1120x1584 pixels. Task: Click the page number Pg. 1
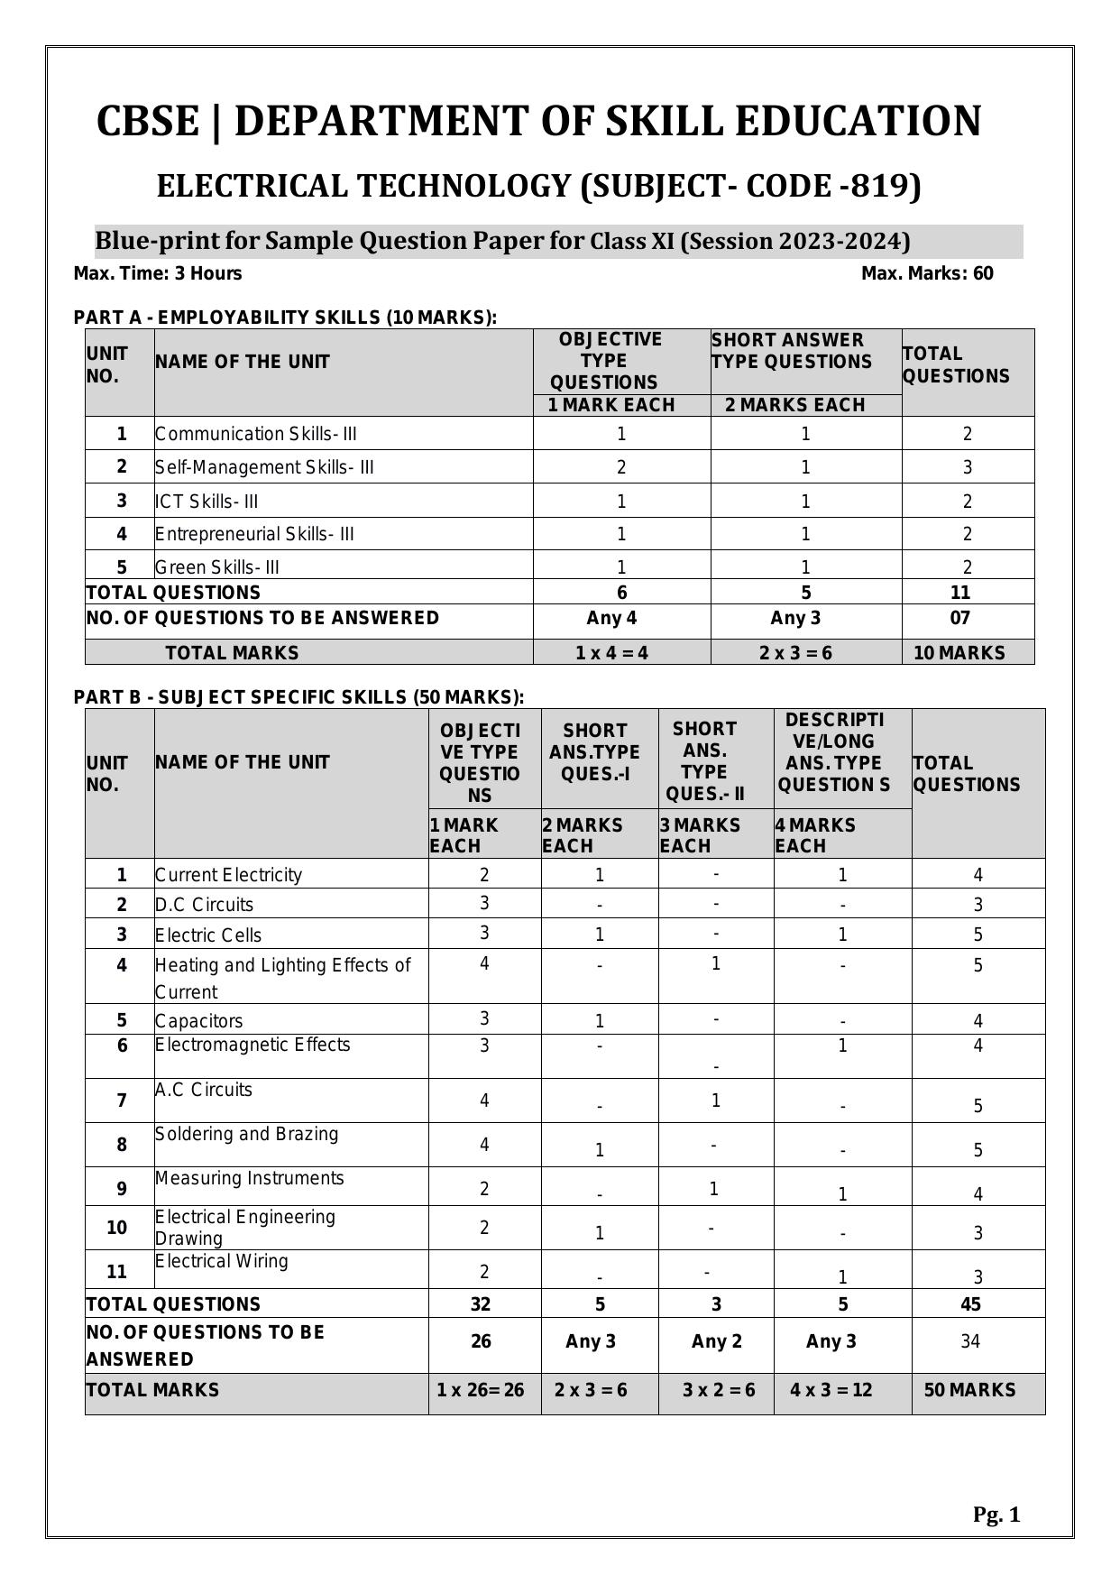tap(996, 1515)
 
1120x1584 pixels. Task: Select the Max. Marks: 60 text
tap(927, 273)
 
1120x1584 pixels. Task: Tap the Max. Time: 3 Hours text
tap(158, 273)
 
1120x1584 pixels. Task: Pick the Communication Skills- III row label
tap(256, 434)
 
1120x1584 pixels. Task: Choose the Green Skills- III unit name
tap(217, 567)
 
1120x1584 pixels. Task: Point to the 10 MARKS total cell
tap(959, 653)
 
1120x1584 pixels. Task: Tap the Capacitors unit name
tap(199, 1021)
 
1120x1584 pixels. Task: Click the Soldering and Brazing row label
tap(246, 1134)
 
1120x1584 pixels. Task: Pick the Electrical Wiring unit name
tap(222, 1261)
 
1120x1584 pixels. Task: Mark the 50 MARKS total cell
tap(969, 1390)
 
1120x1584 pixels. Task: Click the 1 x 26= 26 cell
tap(481, 1390)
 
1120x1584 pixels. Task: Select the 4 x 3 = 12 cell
tap(831, 1390)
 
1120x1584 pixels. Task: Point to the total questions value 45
tap(971, 1304)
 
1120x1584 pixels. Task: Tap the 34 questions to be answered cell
tap(970, 1341)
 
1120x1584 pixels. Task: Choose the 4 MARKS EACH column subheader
tap(815, 835)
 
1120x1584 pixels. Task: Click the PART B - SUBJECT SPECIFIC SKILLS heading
tap(298, 697)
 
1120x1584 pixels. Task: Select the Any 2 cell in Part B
tap(716, 1341)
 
